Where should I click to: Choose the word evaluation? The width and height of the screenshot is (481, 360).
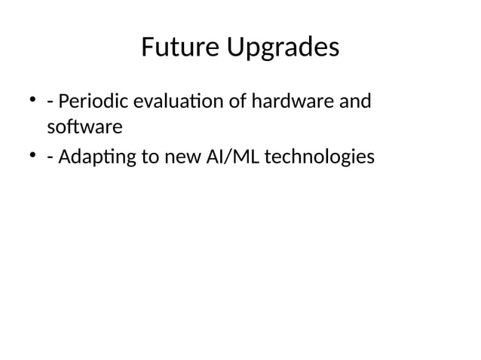170,100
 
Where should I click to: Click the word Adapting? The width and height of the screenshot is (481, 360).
94,158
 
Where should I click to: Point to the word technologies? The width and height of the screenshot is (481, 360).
320,157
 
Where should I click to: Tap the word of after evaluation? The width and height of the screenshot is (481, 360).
236,100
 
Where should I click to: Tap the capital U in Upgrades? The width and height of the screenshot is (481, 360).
231,48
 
